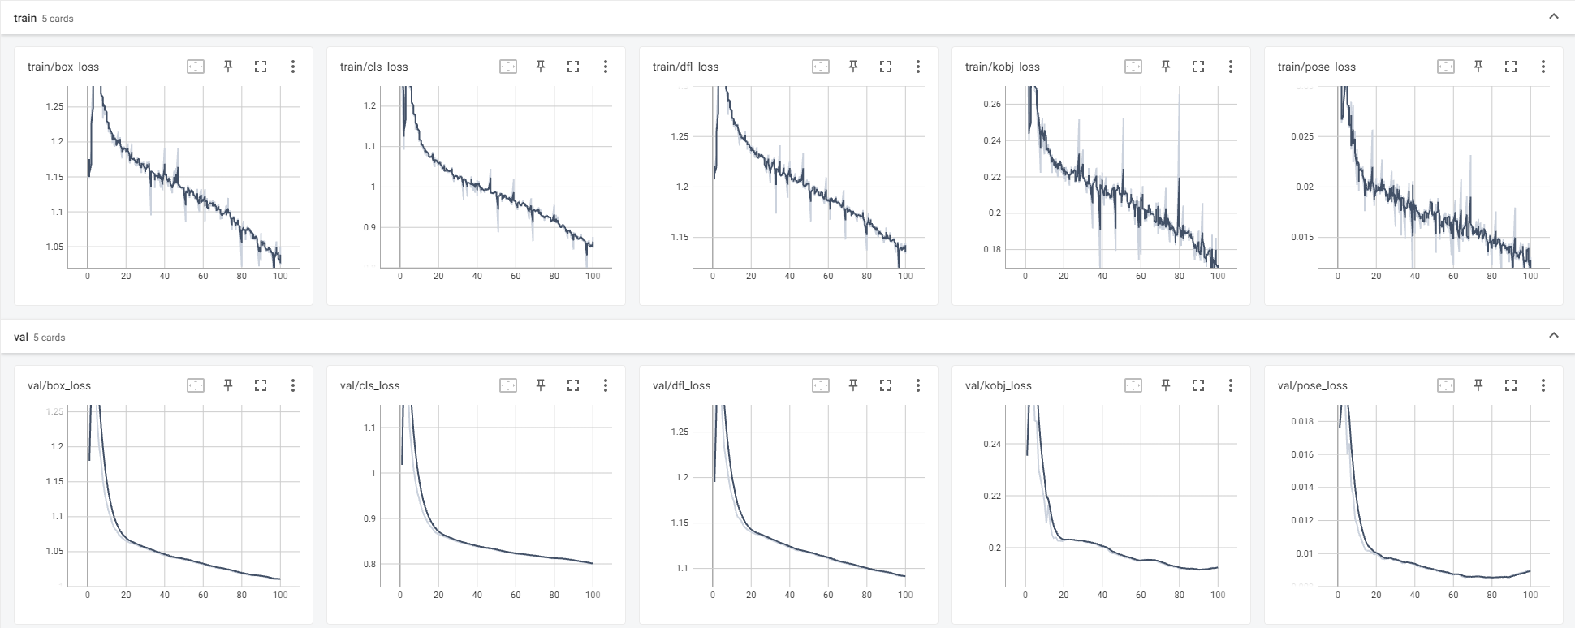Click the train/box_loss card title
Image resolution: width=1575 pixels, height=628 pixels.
[x=63, y=67]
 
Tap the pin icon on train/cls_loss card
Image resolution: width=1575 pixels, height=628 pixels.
[x=541, y=67]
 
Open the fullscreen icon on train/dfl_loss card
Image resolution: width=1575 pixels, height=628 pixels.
[x=886, y=67]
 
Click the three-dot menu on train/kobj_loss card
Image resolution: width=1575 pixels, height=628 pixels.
[x=1231, y=67]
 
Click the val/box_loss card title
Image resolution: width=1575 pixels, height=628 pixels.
[x=59, y=385]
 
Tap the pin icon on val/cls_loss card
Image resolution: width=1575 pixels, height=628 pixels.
[x=541, y=385]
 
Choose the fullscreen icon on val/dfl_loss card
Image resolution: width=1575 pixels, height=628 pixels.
[x=886, y=385]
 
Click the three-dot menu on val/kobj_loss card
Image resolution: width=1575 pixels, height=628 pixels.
[x=1231, y=385]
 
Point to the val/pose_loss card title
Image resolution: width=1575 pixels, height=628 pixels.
[x=1312, y=385]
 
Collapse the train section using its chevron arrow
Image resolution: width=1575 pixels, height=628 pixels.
[x=1554, y=16]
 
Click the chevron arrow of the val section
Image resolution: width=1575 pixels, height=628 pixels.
[x=1554, y=335]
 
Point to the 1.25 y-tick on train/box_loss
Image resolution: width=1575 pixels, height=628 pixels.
[x=54, y=106]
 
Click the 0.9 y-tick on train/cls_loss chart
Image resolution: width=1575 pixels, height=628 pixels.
[x=369, y=227]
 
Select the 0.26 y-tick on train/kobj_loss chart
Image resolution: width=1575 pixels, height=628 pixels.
[x=992, y=104]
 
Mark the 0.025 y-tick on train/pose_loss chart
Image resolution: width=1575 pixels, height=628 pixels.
[x=1301, y=136]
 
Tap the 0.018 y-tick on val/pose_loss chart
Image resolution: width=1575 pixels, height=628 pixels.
[x=1301, y=421]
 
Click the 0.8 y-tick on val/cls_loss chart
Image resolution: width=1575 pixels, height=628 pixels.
[x=369, y=564]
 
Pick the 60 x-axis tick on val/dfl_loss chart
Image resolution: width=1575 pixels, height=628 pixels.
[x=828, y=595]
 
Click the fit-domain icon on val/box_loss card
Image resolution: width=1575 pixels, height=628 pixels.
[x=196, y=385]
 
